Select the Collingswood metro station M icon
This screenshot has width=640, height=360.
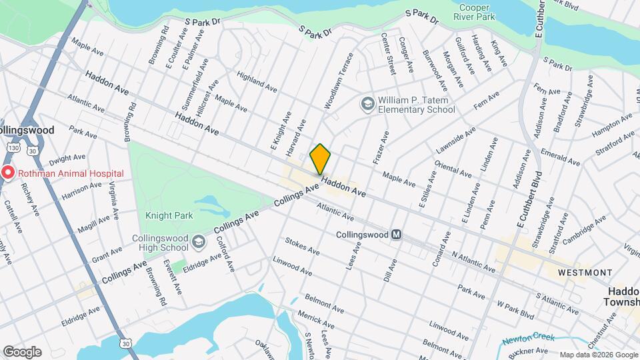[397, 235]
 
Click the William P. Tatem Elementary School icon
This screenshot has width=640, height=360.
[367, 103]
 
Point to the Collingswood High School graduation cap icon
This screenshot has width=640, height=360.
[198, 241]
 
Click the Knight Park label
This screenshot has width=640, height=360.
[169, 216]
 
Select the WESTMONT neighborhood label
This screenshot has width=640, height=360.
[585, 273]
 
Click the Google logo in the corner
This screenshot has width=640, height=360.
[21, 351]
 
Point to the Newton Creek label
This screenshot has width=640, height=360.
[529, 339]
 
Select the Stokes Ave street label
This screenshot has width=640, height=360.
[302, 245]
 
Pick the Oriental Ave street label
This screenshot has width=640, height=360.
[453, 168]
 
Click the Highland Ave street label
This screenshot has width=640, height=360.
[257, 83]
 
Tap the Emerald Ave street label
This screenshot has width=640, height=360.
[560, 156]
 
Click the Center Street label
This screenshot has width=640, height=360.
[387, 54]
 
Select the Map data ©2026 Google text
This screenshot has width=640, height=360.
[599, 355]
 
